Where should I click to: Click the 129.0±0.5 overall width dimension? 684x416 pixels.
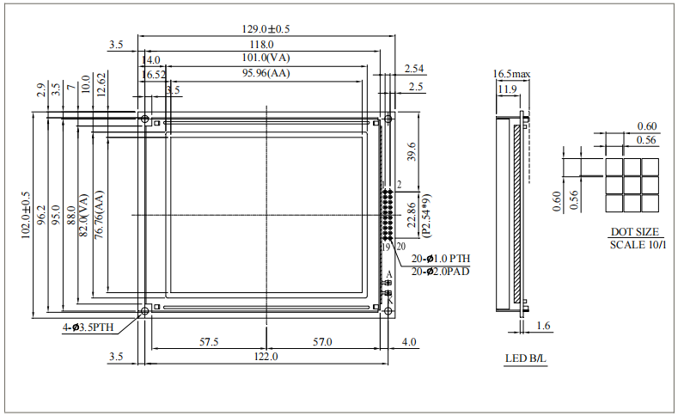coord(266,29)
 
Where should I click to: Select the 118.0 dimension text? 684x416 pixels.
coord(261,44)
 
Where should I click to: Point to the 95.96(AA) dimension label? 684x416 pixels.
coord(266,75)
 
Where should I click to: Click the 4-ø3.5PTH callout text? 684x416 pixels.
coord(88,327)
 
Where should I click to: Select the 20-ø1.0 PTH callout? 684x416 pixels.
coord(441,258)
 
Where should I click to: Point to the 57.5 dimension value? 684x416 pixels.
coord(209,342)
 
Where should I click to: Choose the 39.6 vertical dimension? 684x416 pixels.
coord(412,151)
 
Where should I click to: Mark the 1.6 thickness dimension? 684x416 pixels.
coord(544,326)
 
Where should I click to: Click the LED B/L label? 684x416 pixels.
coord(525,358)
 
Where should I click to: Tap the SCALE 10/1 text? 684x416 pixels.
coord(637,244)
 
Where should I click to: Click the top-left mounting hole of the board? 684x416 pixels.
coord(145,119)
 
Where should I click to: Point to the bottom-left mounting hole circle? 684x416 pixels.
coord(145,310)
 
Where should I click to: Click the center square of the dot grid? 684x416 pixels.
coord(632,185)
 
